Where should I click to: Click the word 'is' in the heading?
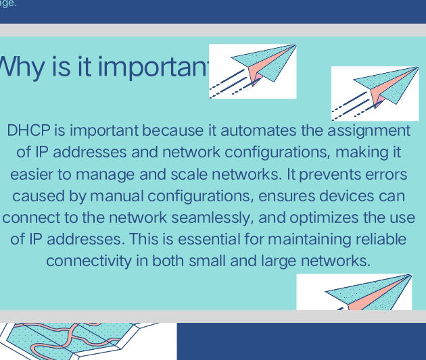[x=64, y=68]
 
